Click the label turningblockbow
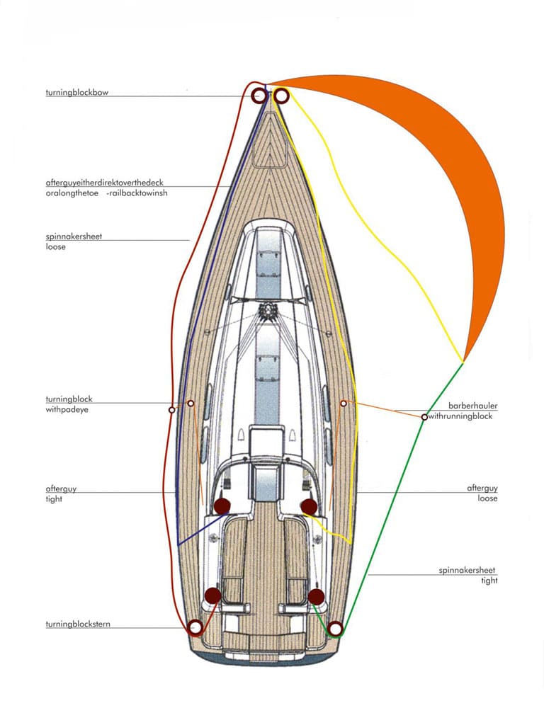click(77, 92)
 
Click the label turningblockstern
click(78, 624)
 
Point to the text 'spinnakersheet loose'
click(74, 241)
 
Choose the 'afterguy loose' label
click(482, 493)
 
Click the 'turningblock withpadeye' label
click(69, 404)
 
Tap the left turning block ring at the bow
click(259, 96)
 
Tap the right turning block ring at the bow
click(281, 96)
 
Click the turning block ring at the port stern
click(195, 627)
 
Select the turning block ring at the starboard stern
click(335, 629)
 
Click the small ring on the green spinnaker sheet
click(424, 417)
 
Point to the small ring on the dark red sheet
click(171, 410)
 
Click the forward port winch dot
click(222, 506)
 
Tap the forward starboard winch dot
click(309, 506)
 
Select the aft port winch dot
click(212, 595)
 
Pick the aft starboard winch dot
click(316, 596)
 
